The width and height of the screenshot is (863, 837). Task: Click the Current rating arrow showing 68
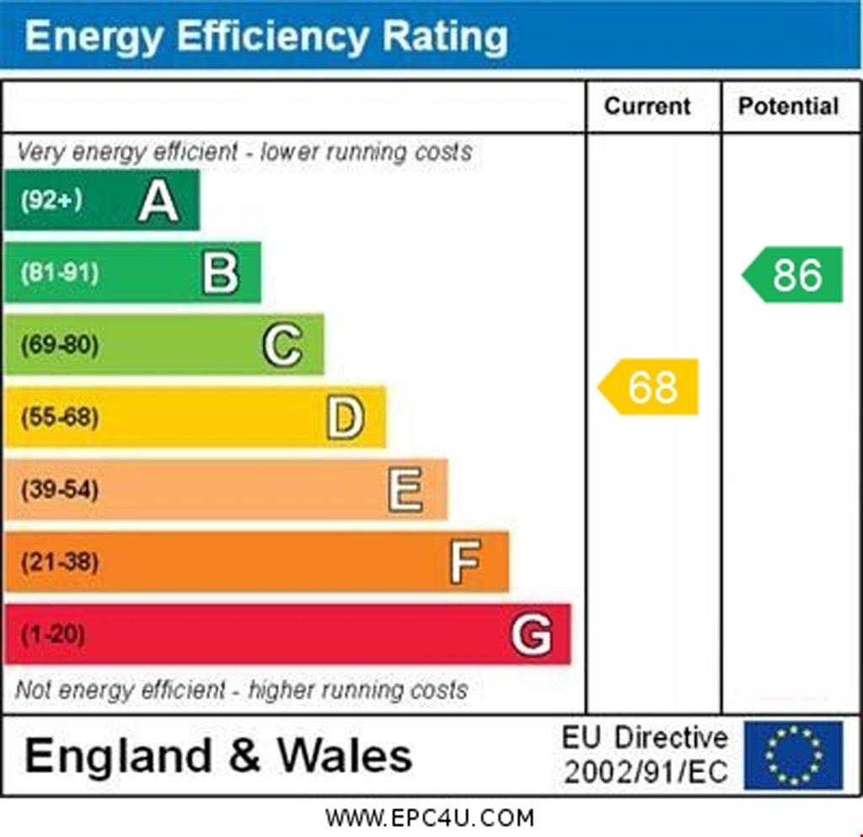click(649, 387)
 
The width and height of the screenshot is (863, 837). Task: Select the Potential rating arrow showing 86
click(793, 275)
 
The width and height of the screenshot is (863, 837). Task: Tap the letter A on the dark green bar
click(158, 201)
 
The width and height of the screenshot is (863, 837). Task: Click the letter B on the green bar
click(220, 273)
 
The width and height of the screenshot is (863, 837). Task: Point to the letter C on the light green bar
click(282, 345)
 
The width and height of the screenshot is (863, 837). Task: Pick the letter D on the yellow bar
click(345, 417)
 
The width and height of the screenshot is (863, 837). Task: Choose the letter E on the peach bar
click(405, 490)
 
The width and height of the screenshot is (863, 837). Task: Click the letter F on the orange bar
click(465, 561)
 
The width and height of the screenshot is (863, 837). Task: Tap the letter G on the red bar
click(531, 634)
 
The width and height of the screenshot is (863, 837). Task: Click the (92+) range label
click(51, 201)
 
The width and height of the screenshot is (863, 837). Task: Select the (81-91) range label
click(59, 273)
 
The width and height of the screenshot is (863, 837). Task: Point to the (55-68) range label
click(59, 417)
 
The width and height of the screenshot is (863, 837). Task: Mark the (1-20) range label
click(52, 634)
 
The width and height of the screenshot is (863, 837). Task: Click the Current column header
click(647, 106)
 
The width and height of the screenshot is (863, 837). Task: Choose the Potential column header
click(788, 106)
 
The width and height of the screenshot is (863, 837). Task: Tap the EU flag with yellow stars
click(792, 754)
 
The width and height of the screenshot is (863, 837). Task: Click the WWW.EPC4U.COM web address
click(430, 818)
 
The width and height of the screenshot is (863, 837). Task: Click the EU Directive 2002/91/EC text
click(645, 754)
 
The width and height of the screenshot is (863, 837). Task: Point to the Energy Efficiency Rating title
click(266, 36)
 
